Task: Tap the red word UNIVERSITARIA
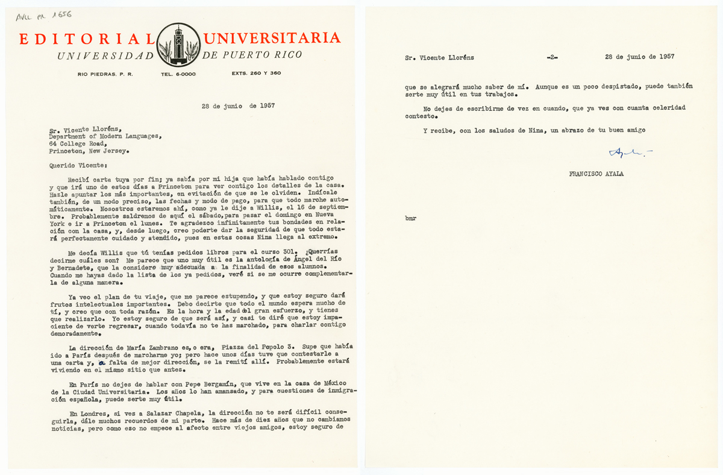pos(272,39)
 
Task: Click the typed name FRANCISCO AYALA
pos(597,174)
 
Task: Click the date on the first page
pos(239,106)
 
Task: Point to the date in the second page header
pos(639,57)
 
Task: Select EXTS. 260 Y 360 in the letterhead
pos(256,74)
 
